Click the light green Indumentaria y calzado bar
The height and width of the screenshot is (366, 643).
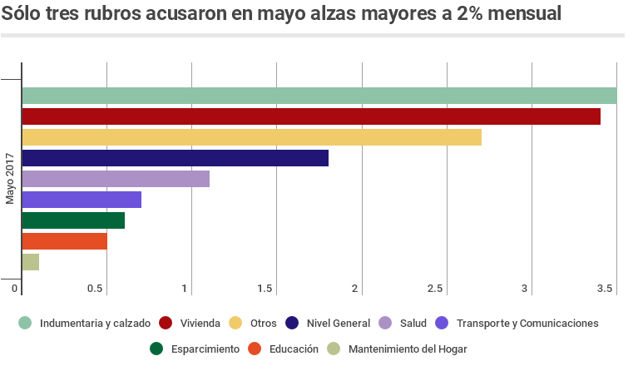pyautogui.click(x=319, y=96)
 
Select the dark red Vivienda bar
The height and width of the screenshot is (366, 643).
pyautogui.click(x=310, y=116)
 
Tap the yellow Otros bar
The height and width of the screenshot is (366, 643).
pyautogui.click(x=251, y=137)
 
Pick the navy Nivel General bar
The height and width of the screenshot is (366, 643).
pyautogui.click(x=175, y=158)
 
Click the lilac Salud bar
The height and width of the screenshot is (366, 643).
pyautogui.click(x=116, y=179)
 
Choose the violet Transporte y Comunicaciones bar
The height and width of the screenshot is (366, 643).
pyautogui.click(x=82, y=200)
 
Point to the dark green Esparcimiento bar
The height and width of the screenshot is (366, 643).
pyautogui.click(x=73, y=220)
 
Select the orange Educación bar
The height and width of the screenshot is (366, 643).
pyautogui.click(x=64, y=241)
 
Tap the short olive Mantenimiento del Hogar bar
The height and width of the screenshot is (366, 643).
pyautogui.click(x=30, y=262)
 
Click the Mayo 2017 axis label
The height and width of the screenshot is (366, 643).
pyautogui.click(x=10, y=178)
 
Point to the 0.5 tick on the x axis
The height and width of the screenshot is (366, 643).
pyautogui.click(x=96, y=289)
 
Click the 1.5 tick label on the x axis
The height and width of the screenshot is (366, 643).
pyautogui.click(x=265, y=289)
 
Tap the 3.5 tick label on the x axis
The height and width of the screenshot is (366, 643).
pyautogui.click(x=605, y=289)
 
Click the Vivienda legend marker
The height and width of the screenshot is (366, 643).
pyautogui.click(x=166, y=323)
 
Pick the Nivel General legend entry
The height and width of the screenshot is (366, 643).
pyautogui.click(x=339, y=323)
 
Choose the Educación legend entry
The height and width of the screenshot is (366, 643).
pyautogui.click(x=294, y=349)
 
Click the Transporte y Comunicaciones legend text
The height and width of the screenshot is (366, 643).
pyautogui.click(x=527, y=323)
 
